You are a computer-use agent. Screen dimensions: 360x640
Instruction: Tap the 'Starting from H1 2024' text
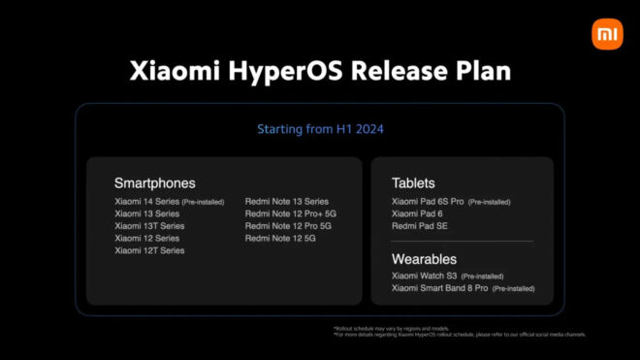tap(319, 128)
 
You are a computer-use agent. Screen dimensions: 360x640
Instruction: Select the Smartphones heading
tap(154, 182)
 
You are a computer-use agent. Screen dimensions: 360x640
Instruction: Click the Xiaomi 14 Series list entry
tap(148, 202)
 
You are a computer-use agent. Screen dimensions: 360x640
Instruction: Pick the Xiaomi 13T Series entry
tap(149, 226)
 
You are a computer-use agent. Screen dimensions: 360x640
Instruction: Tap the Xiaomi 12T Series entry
tap(149, 250)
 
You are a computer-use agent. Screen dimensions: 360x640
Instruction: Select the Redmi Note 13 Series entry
tap(286, 202)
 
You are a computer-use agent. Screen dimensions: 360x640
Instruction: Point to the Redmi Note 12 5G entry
tap(281, 238)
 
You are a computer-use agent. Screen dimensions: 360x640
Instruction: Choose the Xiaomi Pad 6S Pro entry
tap(428, 202)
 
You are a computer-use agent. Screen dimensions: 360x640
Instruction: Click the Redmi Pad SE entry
tap(420, 226)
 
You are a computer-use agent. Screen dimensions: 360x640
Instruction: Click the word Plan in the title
tap(478, 72)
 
